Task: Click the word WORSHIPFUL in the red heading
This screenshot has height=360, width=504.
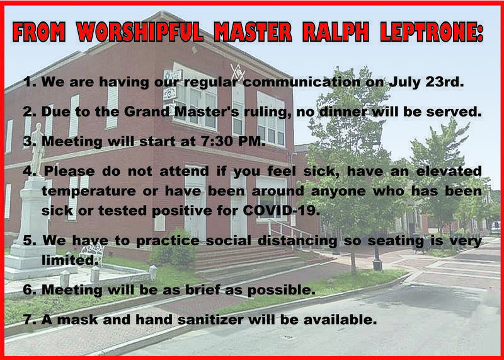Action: pyautogui.click(x=140, y=32)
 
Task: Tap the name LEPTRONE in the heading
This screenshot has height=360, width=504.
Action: pyautogui.click(x=432, y=32)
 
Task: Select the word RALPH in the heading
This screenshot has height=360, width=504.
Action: pyautogui.click(x=336, y=32)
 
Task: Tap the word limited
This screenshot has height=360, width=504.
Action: pyautogui.click(x=70, y=260)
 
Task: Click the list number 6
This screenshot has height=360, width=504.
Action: pyautogui.click(x=29, y=290)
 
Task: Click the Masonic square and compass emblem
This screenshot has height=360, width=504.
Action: pyautogui.click(x=238, y=73)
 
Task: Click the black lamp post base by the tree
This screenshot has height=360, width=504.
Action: pyautogui.click(x=377, y=264)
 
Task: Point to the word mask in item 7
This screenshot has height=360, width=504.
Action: pyautogui.click(x=78, y=320)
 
